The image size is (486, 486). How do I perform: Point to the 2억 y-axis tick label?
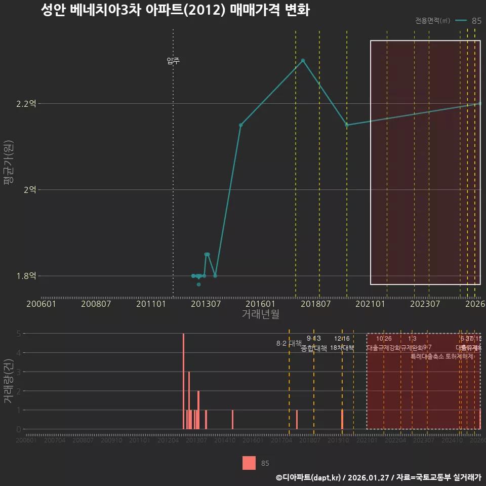click(x=29, y=190)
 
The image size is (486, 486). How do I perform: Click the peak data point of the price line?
click(x=303, y=61)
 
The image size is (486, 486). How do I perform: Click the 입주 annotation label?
click(x=173, y=61)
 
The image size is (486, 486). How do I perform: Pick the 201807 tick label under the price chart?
click(x=315, y=304)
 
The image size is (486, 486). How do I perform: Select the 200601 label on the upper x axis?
click(x=41, y=304)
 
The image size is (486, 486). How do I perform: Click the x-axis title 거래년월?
click(x=260, y=314)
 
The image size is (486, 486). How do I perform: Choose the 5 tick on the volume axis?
click(x=18, y=334)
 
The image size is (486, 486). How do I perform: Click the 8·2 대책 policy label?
click(x=289, y=343)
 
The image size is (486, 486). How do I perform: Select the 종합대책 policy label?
click(x=314, y=348)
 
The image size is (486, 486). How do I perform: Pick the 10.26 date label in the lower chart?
click(x=384, y=339)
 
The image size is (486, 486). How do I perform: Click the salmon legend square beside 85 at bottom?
click(x=249, y=463)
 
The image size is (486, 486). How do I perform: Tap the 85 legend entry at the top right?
click(x=476, y=21)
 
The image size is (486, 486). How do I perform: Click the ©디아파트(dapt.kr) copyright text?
click(x=309, y=477)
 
